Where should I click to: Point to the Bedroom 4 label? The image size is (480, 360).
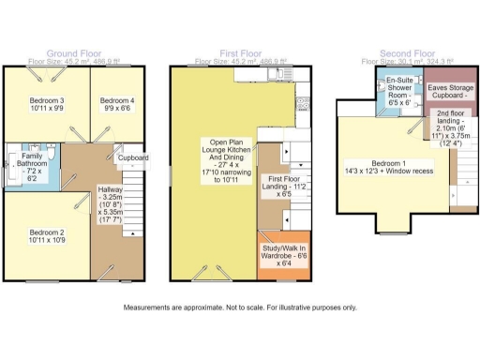pyautogui.click(x=118, y=103)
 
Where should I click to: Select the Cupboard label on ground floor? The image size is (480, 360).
pyautogui.click(x=132, y=158)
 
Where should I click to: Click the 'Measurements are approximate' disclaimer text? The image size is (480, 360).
pyautogui.click(x=239, y=307)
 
